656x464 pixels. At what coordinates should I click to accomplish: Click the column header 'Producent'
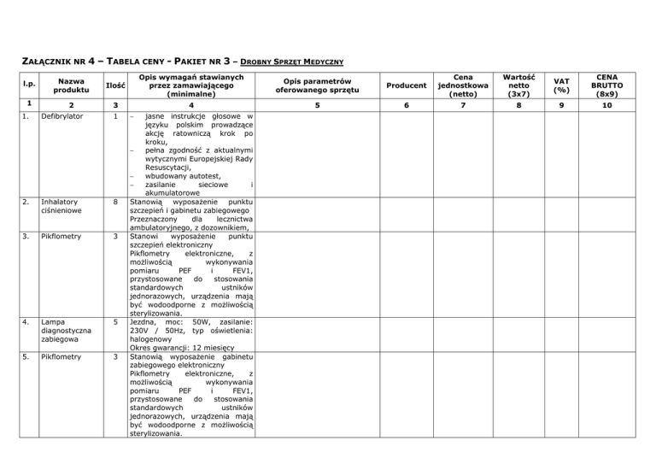[406, 86]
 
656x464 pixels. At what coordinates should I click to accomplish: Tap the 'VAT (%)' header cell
[561, 86]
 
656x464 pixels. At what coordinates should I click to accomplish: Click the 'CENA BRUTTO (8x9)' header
[606, 86]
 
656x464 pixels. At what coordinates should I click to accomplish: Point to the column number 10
[606, 107]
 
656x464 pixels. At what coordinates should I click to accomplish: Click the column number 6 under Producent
[406, 107]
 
